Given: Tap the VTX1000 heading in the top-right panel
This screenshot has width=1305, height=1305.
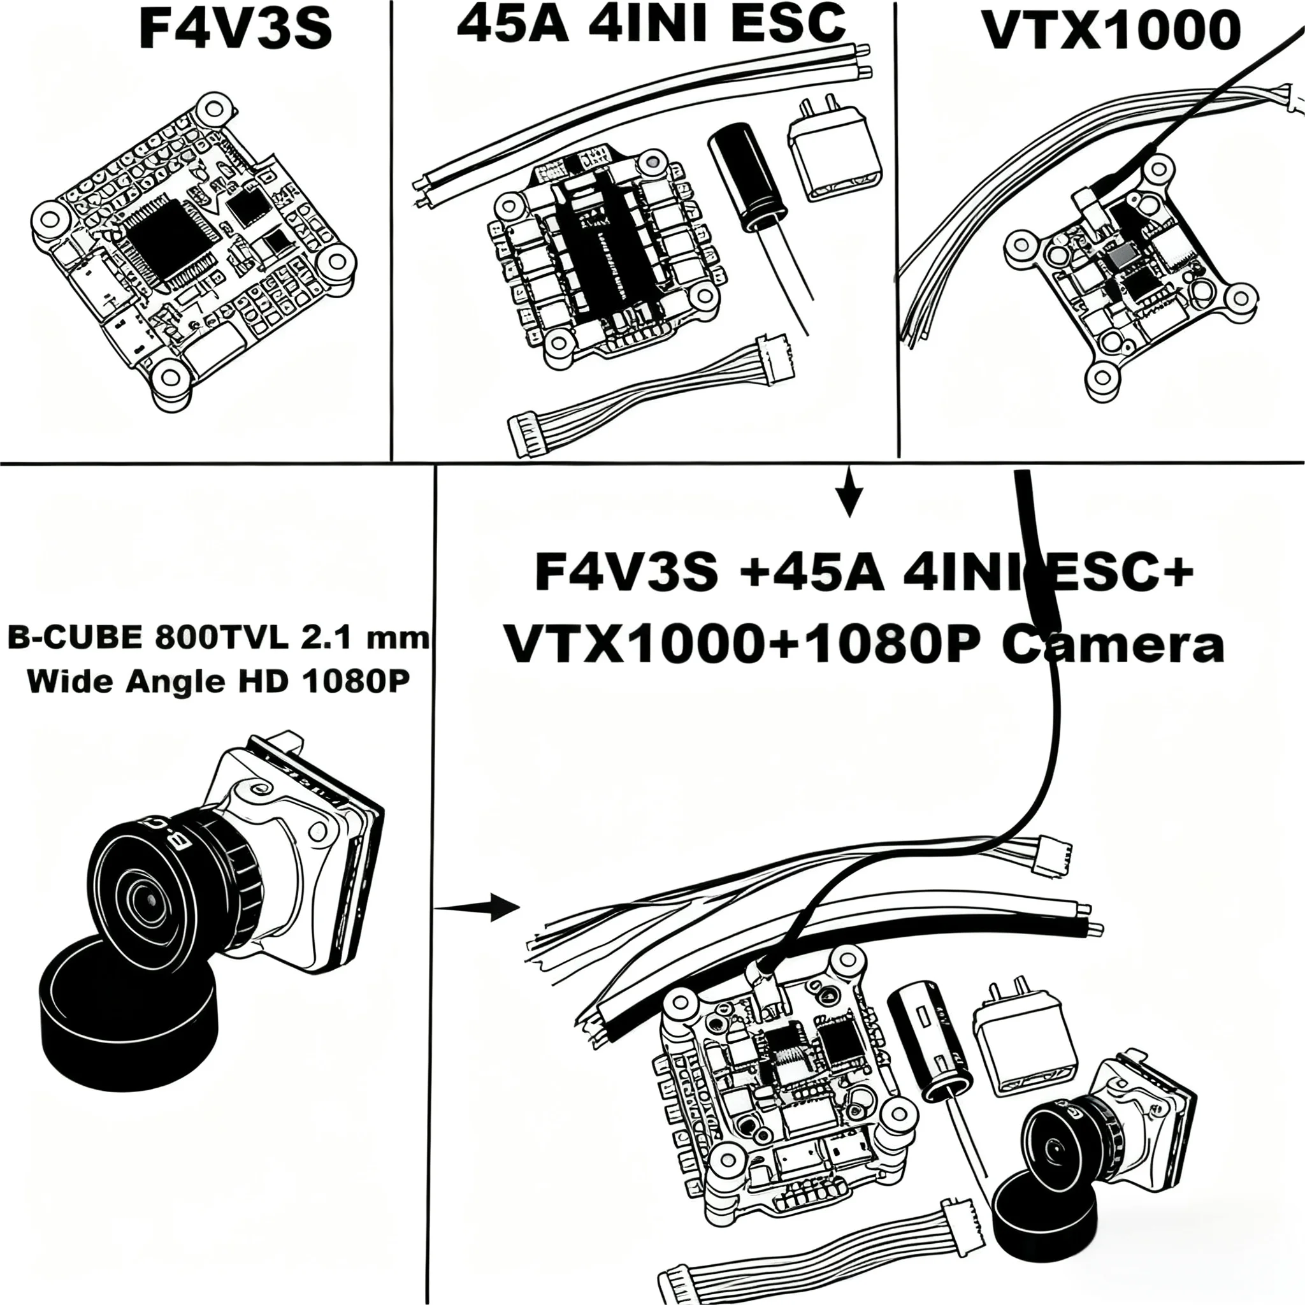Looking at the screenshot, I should click(x=1111, y=31).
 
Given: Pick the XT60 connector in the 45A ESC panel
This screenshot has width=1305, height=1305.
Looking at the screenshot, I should click(x=834, y=155).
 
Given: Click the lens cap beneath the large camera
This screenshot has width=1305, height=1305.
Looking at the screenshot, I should click(x=128, y=1013).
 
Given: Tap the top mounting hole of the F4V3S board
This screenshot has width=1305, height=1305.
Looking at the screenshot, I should click(x=215, y=108).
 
